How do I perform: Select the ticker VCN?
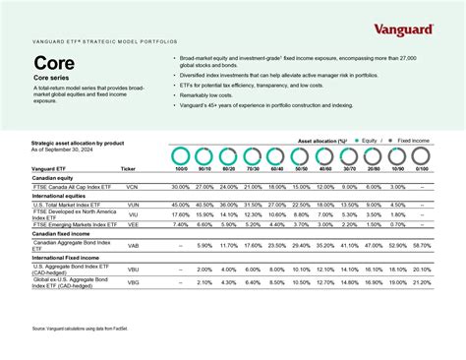133,186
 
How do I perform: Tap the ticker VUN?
133,204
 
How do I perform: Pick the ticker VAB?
133,245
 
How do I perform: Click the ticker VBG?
133,282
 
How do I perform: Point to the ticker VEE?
133,223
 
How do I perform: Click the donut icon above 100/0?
181,156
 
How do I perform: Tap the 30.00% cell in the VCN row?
181,186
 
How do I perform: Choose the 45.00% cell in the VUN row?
181,204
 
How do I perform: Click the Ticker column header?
129,169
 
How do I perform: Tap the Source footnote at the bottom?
88,329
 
